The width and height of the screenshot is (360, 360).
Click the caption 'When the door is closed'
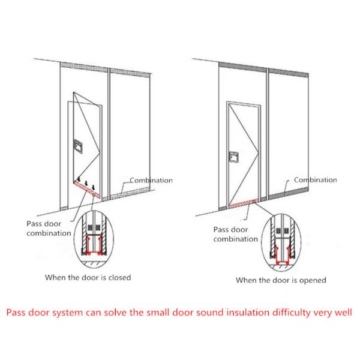coord(88,277)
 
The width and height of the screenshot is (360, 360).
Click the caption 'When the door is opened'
coord(281,280)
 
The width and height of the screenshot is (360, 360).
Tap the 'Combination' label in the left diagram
coord(151,180)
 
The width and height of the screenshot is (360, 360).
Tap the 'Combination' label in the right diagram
coord(316,180)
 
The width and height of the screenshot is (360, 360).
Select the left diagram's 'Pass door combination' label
coord(49,229)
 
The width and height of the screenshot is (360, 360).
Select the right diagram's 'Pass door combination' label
coord(236,234)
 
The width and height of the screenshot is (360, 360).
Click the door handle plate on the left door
coord(78,146)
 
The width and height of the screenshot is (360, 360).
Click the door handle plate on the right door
coord(234,157)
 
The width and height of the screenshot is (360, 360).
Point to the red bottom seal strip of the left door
coord(87,190)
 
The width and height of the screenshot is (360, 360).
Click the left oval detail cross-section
coord(94,239)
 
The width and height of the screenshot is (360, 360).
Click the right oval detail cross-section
coord(281,242)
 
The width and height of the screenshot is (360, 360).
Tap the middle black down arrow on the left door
coord(86,183)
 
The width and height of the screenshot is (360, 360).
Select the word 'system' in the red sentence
coord(67,313)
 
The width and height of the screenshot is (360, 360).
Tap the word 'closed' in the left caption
coord(119,277)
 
